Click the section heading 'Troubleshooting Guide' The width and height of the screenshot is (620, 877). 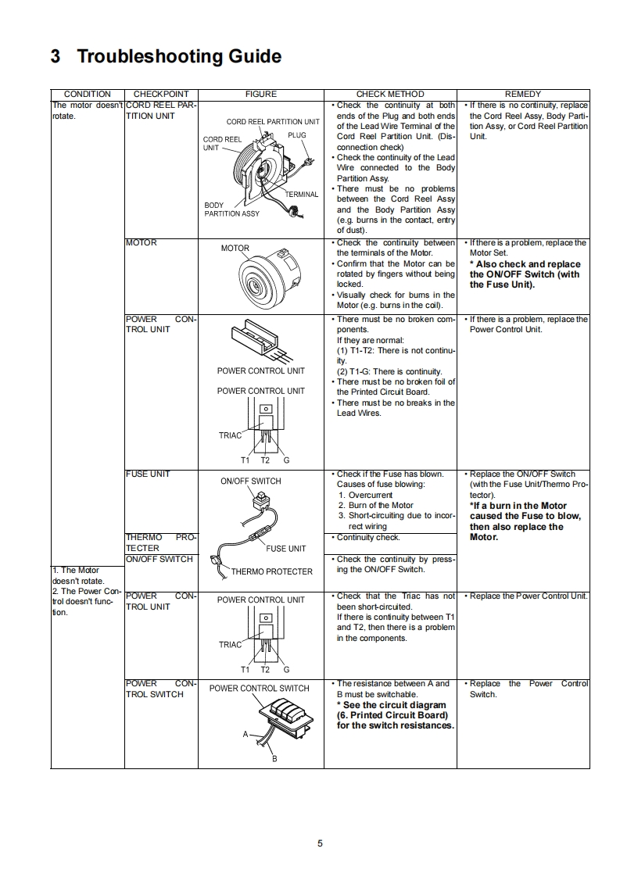tap(165, 56)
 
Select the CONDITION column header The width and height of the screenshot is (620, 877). tap(87, 94)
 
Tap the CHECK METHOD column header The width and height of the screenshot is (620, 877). tap(390, 94)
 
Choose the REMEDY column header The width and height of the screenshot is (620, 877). tap(523, 94)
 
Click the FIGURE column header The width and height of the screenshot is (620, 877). tap(260, 94)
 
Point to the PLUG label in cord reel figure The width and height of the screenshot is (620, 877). tap(296, 135)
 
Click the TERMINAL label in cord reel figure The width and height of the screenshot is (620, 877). tap(301, 194)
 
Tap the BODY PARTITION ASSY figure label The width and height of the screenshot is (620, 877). tap(231, 209)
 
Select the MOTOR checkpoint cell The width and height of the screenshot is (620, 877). tap(142, 243)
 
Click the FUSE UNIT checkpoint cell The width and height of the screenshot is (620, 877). tap(148, 474)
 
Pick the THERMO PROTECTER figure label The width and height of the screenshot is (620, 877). tap(271, 571)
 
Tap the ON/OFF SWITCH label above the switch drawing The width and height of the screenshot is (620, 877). tap(250, 481)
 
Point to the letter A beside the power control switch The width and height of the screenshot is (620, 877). tap(245, 734)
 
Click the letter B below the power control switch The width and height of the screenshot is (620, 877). tap(274, 758)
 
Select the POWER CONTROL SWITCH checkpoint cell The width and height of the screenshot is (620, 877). tap(160, 689)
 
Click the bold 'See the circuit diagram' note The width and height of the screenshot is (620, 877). tap(394, 705)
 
